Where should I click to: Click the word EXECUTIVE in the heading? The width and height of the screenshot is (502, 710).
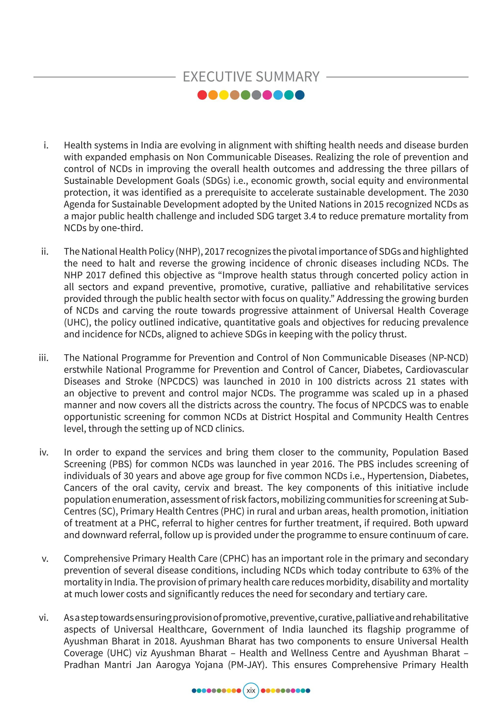pyautogui.click(x=217, y=77)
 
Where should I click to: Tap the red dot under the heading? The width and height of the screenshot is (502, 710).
pyautogui.click(x=202, y=95)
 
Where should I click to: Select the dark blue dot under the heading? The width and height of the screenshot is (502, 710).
pyautogui.click(x=300, y=95)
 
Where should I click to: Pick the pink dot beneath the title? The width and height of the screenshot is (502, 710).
pyautogui.click(x=267, y=95)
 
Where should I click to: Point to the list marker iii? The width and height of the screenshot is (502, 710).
pyautogui.click(x=44, y=358)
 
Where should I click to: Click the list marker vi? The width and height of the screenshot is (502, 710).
pyautogui.click(x=44, y=618)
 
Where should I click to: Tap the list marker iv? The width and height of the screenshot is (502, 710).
pyautogui.click(x=44, y=452)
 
